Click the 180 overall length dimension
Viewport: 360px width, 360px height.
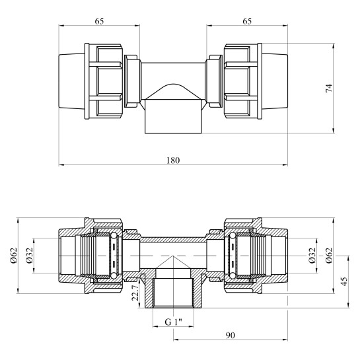pyautogui.click(x=173, y=161)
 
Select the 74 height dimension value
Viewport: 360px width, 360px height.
pyautogui.click(x=329, y=88)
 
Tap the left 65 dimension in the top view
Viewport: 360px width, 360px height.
pyautogui.click(x=99, y=21)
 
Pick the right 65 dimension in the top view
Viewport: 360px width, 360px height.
pyautogui.click(x=247, y=21)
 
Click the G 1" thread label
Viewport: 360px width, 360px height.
pyautogui.click(x=173, y=322)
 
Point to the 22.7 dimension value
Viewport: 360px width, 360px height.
pyautogui.click(x=135, y=293)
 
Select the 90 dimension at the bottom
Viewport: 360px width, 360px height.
pyautogui.click(x=231, y=335)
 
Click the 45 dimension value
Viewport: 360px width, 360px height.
pyautogui.click(x=344, y=281)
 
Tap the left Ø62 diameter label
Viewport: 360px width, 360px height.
pyautogui.click(x=14, y=256)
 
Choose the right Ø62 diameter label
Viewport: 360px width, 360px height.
pyautogui.click(x=329, y=256)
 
